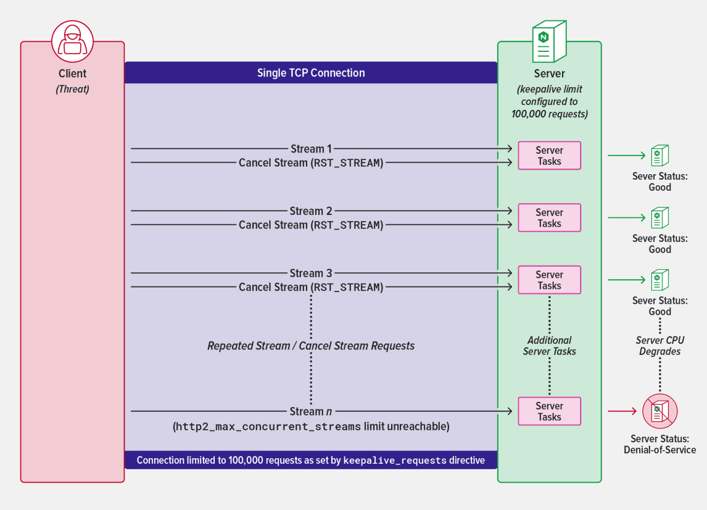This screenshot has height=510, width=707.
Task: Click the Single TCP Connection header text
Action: (311, 73)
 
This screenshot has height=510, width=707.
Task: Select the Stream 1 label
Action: (311, 149)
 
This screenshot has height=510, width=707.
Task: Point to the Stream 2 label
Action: (311, 211)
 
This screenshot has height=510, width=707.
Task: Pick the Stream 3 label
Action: (311, 273)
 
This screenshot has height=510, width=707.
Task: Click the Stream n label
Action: (311, 411)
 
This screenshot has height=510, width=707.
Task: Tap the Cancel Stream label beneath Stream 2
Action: (311, 225)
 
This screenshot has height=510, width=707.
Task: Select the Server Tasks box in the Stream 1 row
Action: (549, 156)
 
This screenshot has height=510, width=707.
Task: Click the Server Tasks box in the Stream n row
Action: (549, 411)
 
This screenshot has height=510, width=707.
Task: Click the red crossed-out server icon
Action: (659, 411)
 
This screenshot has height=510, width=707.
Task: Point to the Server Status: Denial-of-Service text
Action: (659, 445)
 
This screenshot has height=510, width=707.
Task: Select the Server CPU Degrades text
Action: (659, 346)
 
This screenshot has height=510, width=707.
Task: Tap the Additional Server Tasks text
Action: (549, 346)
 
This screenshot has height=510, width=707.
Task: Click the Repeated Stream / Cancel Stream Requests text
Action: (311, 346)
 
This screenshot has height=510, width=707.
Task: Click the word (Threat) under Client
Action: (72, 89)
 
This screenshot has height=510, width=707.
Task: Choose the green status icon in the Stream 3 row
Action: (659, 280)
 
